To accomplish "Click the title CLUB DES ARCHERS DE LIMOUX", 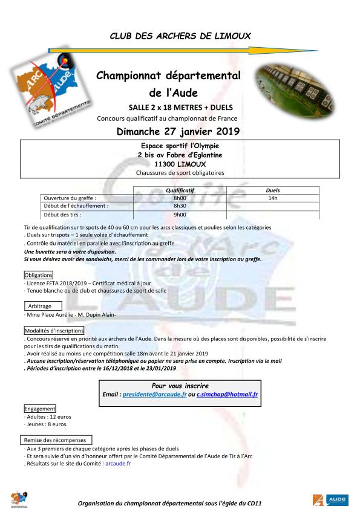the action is tap(180, 36).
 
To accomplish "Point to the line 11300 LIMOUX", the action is tap(180, 164).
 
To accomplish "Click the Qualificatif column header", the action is tap(180, 190).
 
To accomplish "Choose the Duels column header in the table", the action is tap(273, 190).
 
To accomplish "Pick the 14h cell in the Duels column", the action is tap(273, 198).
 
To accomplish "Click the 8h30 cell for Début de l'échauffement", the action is tap(180, 206).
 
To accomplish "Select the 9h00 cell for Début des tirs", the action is tap(180, 215).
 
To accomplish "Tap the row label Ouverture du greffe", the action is tap(70, 198).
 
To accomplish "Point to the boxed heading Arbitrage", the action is tap(40, 306).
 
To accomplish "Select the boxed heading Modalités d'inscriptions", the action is tap(54, 331).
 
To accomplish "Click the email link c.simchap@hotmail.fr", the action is tap(227, 394).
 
